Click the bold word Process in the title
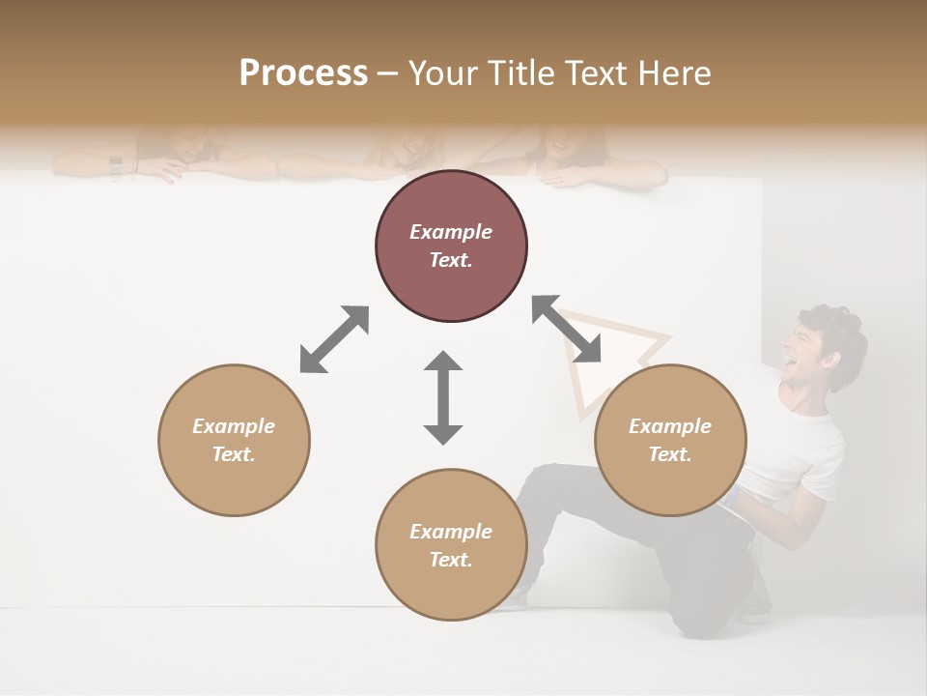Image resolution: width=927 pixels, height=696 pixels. click(303, 73)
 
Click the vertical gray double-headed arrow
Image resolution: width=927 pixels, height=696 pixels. click(443, 397)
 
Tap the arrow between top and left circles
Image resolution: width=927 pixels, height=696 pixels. click(334, 338)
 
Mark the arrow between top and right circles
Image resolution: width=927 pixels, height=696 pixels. click(567, 329)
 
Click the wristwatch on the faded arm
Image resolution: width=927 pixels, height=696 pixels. click(116, 166)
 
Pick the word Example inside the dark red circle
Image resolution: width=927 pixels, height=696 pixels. click(451, 232)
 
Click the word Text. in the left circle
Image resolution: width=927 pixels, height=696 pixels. click(234, 454)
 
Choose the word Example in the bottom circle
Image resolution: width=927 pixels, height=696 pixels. click(451, 532)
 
